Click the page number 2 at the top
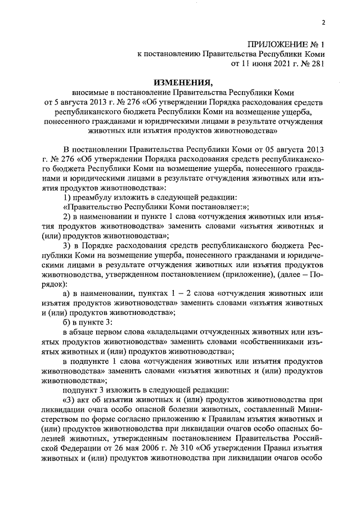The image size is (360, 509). (x=323, y=22)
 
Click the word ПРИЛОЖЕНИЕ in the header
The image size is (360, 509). (x=273, y=43)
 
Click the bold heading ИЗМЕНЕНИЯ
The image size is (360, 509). (x=179, y=81)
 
